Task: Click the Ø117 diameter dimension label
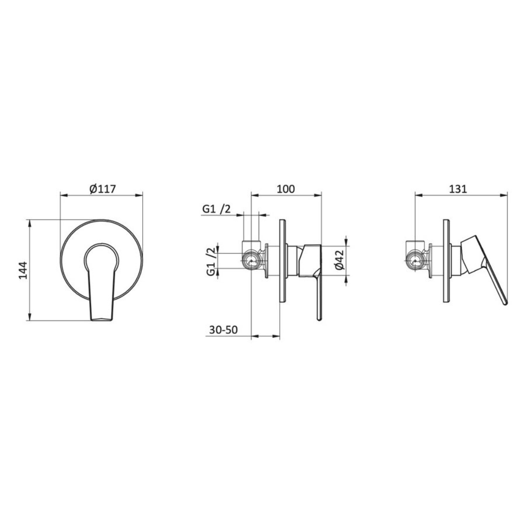click(103, 190)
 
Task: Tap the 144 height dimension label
click(22, 270)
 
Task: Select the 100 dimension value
click(286, 189)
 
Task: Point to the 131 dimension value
click(458, 189)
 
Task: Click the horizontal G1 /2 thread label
click(216, 209)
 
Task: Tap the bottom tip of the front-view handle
click(102, 320)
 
